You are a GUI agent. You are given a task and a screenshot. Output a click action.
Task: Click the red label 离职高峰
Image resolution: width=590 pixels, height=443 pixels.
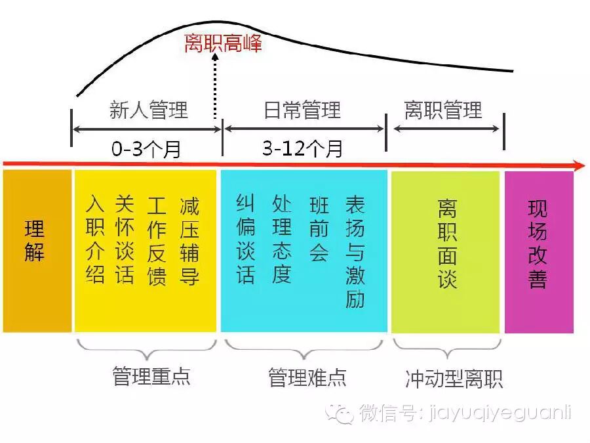click(x=223, y=44)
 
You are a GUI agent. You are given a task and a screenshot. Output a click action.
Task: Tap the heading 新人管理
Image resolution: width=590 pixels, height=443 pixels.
click(x=148, y=110)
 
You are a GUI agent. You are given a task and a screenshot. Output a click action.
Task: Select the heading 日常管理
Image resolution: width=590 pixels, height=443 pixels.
click(x=302, y=110)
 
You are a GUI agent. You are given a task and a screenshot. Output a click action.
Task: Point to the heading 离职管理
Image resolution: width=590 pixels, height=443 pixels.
click(x=443, y=110)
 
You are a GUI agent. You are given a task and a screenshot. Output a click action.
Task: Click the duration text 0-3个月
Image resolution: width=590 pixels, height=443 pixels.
click(x=146, y=149)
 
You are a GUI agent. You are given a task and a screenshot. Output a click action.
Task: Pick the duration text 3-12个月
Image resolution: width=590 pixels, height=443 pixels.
click(x=302, y=149)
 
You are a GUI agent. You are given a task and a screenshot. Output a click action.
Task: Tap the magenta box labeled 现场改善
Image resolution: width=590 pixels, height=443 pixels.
click(x=538, y=244)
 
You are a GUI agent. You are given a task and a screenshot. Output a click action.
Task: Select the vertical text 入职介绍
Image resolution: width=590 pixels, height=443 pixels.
click(x=96, y=240)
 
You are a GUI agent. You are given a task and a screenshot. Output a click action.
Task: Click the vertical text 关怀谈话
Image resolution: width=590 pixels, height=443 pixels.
click(x=125, y=240)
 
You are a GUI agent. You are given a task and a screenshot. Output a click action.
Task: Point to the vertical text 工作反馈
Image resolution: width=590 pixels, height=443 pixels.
click(x=157, y=240)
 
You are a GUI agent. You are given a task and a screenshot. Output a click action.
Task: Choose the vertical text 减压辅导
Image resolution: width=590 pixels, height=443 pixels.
click(x=189, y=240)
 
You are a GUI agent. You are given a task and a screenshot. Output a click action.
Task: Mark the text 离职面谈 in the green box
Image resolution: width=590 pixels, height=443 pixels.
click(x=447, y=244)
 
